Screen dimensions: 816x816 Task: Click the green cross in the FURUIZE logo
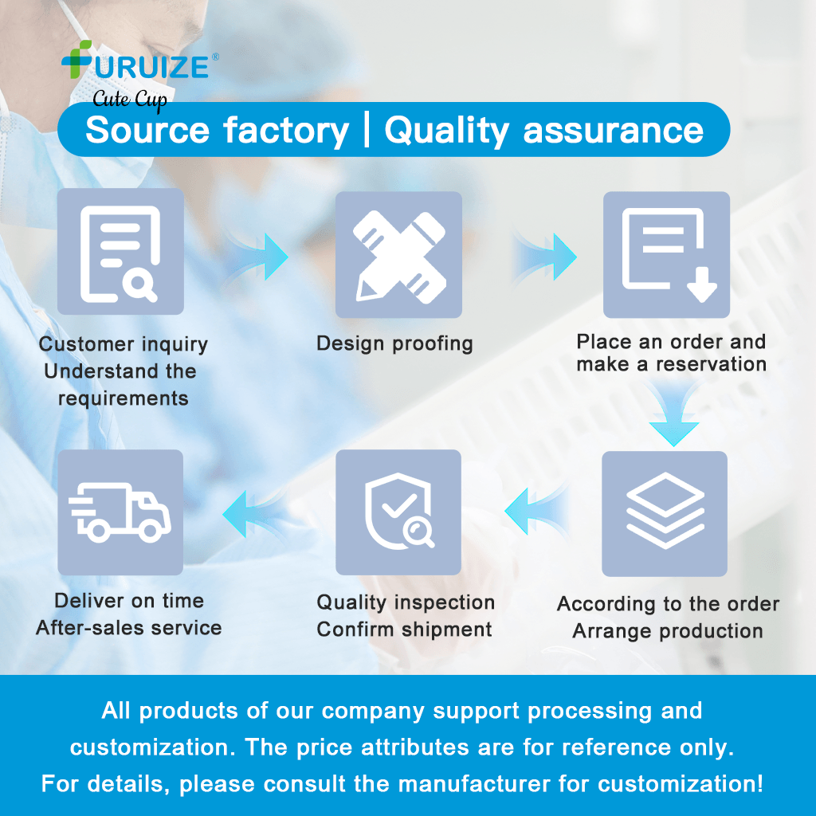[x=76, y=59]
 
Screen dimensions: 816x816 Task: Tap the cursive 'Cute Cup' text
[x=130, y=100]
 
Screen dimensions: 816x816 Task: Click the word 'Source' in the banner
[x=147, y=130]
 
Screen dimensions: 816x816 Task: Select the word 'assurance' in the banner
[x=613, y=130]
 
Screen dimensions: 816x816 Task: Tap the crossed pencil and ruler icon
[x=398, y=255]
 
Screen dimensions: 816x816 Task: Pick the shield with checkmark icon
[x=398, y=512]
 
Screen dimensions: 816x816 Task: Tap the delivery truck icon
[x=120, y=512]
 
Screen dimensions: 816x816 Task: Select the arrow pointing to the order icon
[x=544, y=257]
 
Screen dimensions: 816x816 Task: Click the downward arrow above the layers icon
[x=673, y=414]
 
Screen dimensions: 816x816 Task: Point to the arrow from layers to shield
[x=536, y=512]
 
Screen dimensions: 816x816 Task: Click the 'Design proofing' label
[x=395, y=344]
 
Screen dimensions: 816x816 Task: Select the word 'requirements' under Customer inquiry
[x=124, y=398]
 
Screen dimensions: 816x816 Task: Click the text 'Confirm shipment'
[x=404, y=630]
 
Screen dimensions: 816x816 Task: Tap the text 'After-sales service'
[x=128, y=628]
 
